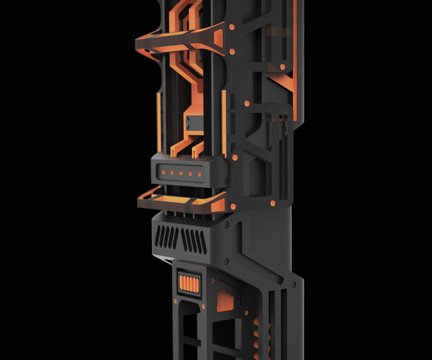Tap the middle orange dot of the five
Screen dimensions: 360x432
point(181,173)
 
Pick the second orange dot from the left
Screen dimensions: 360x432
point(172,173)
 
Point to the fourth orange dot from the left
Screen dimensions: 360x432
point(191,173)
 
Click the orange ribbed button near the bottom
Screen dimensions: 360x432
point(189,284)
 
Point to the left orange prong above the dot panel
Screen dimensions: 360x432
point(175,148)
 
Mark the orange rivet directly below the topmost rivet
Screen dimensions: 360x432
point(233,52)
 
